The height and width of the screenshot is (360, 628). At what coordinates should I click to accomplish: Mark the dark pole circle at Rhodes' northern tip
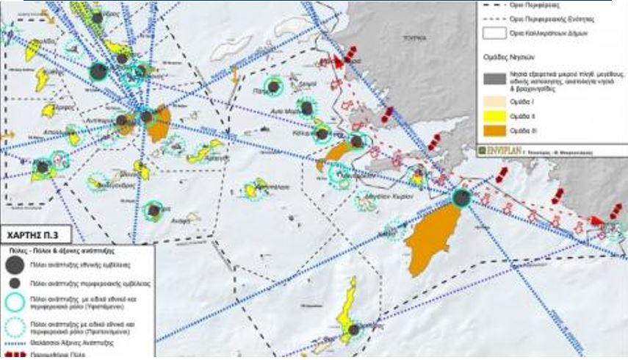[x=461, y=197]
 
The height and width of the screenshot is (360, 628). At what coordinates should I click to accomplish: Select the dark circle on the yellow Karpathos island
[x=354, y=331]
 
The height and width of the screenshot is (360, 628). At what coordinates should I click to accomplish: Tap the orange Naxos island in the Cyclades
[x=158, y=126]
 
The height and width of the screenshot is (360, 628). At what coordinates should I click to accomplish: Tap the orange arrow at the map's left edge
[x=7, y=134]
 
